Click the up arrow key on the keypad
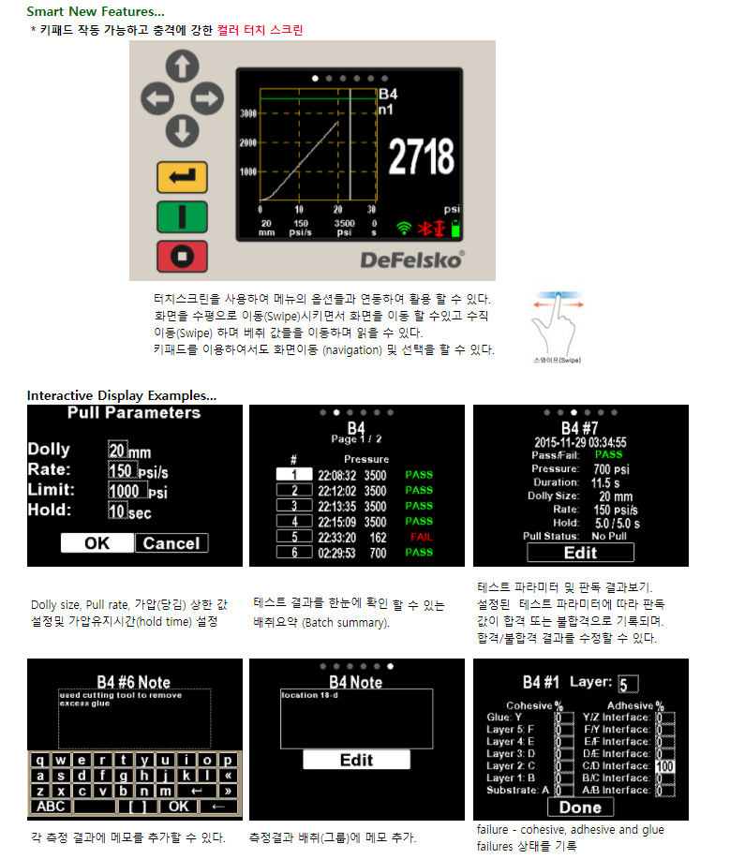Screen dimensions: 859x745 click(x=182, y=67)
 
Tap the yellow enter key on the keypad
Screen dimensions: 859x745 click(x=182, y=176)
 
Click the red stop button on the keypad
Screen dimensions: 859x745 click(x=182, y=256)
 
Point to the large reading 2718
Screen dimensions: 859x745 click(x=421, y=156)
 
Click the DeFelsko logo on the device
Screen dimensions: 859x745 click(x=411, y=259)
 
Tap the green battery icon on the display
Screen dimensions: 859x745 click(x=456, y=228)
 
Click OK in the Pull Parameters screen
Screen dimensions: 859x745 click(x=97, y=543)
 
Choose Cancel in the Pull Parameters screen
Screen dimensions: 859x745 click(x=171, y=543)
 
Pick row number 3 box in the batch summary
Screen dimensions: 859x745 click(x=294, y=506)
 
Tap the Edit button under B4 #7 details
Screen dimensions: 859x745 click(x=580, y=552)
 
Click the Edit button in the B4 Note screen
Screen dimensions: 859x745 click(x=356, y=760)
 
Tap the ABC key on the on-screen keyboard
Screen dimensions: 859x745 click(x=51, y=806)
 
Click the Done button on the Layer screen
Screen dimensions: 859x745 click(x=580, y=807)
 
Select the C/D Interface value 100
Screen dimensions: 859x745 click(x=665, y=766)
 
